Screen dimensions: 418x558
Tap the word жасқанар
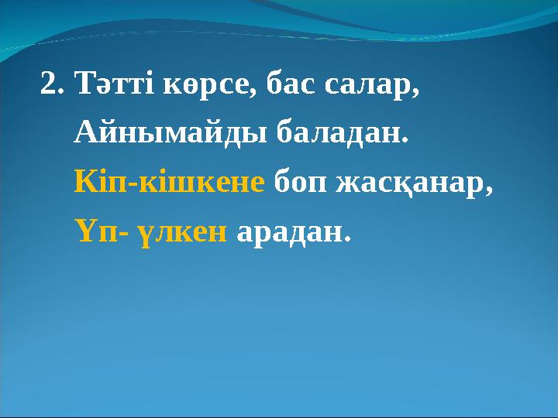click(x=412, y=183)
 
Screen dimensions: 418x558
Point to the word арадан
click(x=290, y=230)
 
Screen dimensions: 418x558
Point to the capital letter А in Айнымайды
click(x=86, y=134)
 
